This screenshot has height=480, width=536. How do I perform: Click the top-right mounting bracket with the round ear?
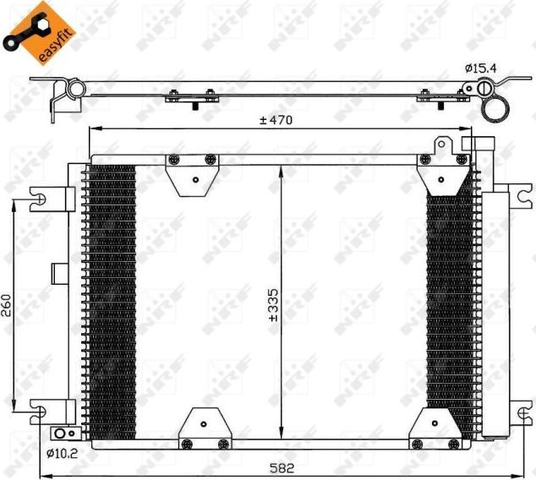click(443, 168)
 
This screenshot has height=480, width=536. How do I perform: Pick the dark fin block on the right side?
click(450, 304)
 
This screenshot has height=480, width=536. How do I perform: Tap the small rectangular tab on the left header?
click(60, 272)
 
